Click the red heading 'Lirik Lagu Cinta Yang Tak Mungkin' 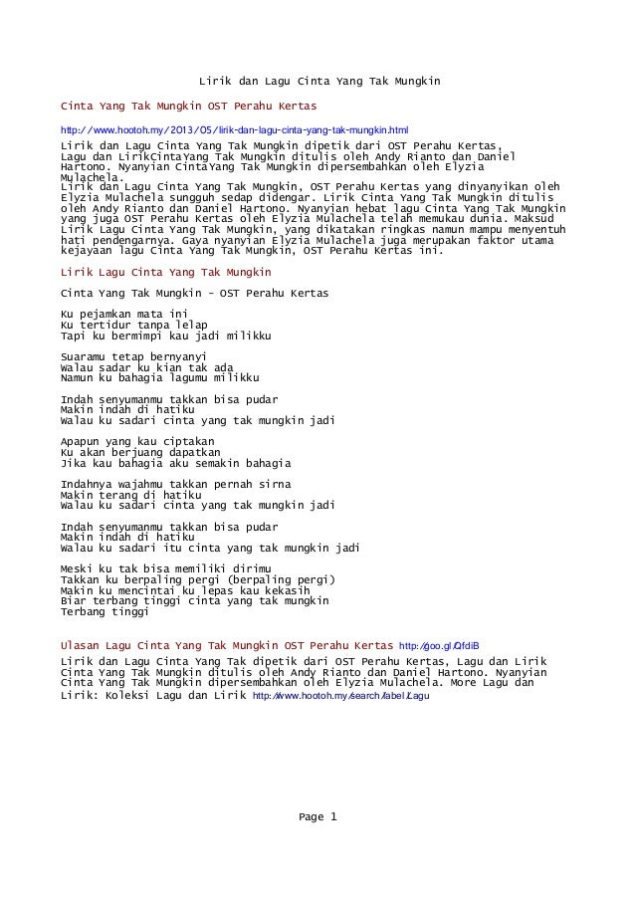[x=166, y=271]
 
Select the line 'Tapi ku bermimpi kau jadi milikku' [x=166, y=336]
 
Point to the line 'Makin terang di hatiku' [x=129, y=495]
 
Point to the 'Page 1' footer [x=317, y=818]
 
